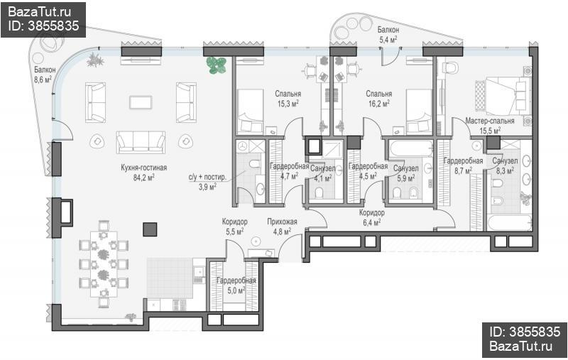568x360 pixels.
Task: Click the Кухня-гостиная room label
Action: [x=144, y=168]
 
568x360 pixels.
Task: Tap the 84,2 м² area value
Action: [x=144, y=178]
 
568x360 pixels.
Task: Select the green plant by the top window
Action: [x=217, y=65]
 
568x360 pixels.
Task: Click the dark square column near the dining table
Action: [x=150, y=229]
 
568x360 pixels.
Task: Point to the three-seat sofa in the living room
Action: [x=141, y=142]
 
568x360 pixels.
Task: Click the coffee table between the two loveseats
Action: [x=141, y=102]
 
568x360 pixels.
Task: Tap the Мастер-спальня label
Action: [x=490, y=121]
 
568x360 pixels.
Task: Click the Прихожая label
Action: [x=282, y=222]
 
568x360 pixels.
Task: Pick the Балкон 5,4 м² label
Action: [x=388, y=35]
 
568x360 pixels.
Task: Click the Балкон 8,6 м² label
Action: [x=45, y=75]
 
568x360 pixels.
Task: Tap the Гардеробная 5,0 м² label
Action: [x=236, y=285]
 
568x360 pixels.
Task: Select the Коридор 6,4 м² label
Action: [x=371, y=218]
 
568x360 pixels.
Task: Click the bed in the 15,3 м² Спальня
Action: [x=250, y=112]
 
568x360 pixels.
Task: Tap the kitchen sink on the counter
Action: [x=198, y=272]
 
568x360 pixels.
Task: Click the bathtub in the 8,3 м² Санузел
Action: [x=509, y=222]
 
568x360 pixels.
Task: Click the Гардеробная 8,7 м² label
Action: [x=464, y=165]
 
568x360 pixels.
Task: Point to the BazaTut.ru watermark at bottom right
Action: [x=521, y=346]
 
